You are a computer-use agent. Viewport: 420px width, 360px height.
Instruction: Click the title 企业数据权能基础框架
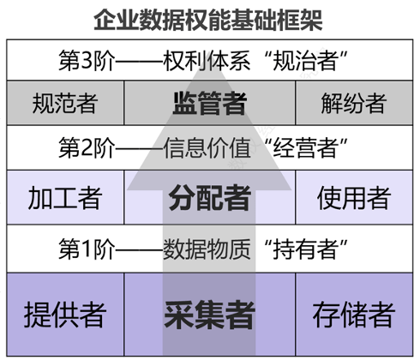click(208, 20)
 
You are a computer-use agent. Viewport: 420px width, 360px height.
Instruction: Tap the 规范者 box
click(65, 103)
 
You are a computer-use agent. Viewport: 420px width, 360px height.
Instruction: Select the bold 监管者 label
click(210, 103)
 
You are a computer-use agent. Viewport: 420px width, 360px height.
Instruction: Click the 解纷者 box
click(354, 103)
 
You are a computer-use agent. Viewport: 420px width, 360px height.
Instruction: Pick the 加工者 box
click(65, 197)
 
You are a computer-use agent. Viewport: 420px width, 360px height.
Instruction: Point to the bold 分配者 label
click(210, 198)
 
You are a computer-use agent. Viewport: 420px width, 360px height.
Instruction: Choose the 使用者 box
click(354, 197)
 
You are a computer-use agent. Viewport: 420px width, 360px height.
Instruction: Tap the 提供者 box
click(65, 315)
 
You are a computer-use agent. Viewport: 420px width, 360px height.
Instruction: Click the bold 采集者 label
click(209, 315)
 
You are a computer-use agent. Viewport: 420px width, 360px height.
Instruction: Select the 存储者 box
click(354, 315)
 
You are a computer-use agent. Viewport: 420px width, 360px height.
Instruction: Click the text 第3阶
click(87, 60)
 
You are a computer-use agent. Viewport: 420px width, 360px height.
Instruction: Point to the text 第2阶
click(87, 147)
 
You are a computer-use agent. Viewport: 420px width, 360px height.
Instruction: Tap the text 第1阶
click(87, 249)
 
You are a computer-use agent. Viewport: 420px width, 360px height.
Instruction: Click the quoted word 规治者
click(304, 60)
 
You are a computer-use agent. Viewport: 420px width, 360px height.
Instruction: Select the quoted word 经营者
click(304, 147)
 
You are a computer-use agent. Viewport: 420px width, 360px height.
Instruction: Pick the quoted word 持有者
click(304, 249)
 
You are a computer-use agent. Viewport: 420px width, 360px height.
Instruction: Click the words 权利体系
click(207, 60)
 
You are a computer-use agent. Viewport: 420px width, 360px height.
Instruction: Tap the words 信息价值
click(207, 147)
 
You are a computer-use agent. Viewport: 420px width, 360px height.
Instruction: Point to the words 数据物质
click(207, 249)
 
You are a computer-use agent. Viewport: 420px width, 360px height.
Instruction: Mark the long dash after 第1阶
click(139, 250)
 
